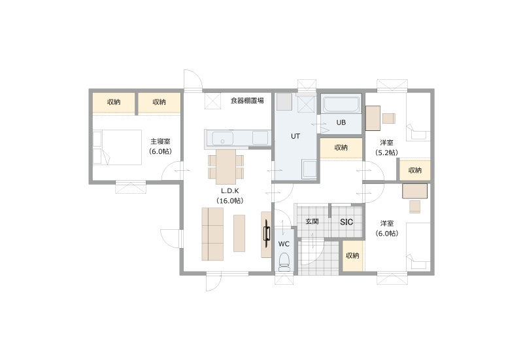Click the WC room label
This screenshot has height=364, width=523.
point(284,244)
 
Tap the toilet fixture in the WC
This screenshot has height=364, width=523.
point(284,262)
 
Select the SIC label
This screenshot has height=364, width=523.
point(346,222)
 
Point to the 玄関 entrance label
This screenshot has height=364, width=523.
point(312,221)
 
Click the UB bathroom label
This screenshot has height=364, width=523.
point(341,122)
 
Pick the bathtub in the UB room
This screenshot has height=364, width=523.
point(341,105)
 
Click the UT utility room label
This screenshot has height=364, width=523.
point(295,136)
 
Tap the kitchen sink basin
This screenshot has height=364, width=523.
point(223,138)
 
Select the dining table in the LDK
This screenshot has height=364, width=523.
point(226,167)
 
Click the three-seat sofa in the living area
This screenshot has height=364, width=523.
point(212,234)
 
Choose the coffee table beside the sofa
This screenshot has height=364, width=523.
point(239,233)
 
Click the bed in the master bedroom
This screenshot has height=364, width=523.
point(117,147)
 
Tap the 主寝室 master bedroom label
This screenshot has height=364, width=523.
point(160,141)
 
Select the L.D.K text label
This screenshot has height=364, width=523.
point(230,191)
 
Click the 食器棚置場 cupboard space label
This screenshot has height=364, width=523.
point(247,101)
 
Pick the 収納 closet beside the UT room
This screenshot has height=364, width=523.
point(341,148)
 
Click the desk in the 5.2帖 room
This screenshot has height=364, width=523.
point(373,118)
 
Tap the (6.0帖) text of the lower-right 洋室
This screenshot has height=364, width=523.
point(387,234)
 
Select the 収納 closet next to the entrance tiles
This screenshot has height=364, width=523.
point(352,256)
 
